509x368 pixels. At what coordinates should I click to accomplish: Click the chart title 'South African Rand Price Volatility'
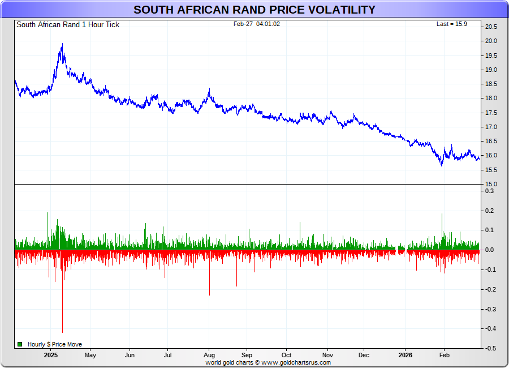coord(255,10)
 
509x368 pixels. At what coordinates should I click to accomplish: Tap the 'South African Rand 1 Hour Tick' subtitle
coord(68,24)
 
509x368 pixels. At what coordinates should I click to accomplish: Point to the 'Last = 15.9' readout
coord(451,24)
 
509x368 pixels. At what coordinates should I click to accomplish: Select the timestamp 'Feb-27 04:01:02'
coord(257,24)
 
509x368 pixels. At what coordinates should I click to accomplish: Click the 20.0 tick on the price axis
coord(490,41)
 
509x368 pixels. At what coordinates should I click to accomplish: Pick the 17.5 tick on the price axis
coord(490,113)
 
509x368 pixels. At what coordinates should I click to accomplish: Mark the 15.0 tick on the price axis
coord(490,184)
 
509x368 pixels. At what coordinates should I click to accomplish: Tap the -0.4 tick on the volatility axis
coord(490,329)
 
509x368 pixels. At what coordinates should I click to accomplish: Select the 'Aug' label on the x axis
coord(209,356)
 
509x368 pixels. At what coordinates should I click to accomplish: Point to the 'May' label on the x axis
coord(90,356)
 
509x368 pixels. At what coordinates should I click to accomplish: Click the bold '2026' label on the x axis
coord(405,356)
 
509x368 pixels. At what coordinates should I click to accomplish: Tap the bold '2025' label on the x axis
coord(51,356)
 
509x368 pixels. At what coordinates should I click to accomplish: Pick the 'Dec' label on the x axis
coord(364,356)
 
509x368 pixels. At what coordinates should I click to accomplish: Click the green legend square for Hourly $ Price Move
coord(20,344)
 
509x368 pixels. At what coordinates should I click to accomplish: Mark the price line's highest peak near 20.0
coord(62,44)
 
